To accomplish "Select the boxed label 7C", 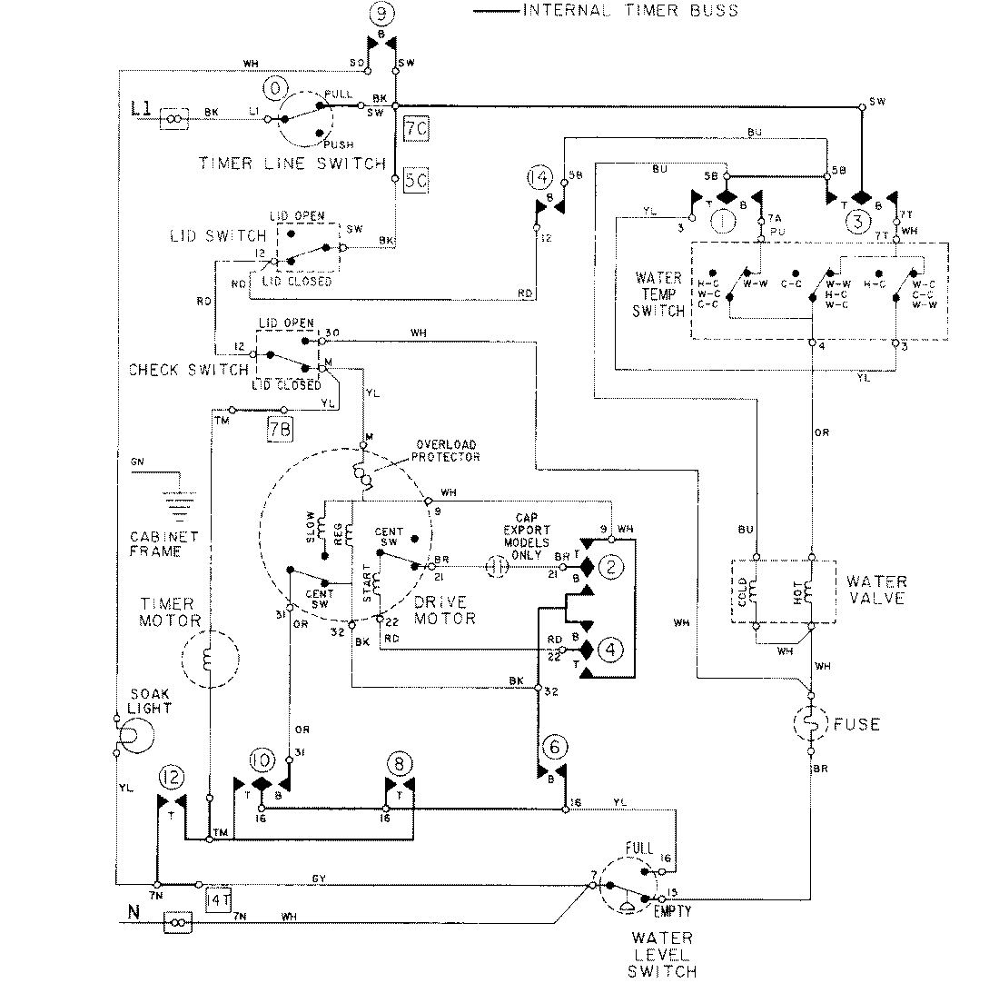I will pos(416,131).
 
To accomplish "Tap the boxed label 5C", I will pos(416,180).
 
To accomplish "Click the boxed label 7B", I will pos(280,429).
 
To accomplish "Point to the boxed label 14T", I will pos(219,899).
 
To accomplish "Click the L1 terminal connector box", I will pos(175,118).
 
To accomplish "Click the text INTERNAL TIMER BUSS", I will pos(629,11).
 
